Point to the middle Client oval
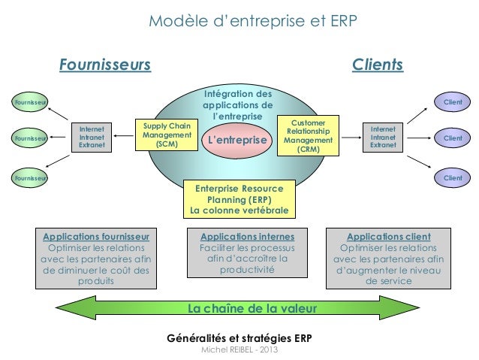click(x=452, y=139)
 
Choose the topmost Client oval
click(x=452, y=101)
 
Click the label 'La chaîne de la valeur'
click(x=252, y=309)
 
